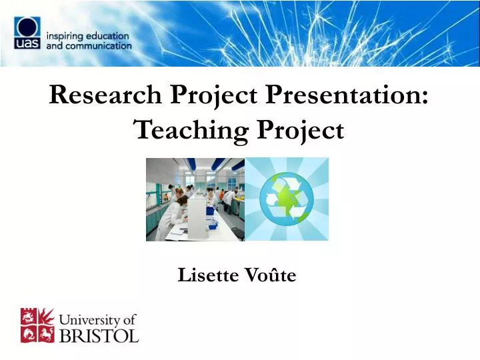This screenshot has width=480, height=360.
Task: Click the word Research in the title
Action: (105, 96)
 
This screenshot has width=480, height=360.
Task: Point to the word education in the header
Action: (108, 35)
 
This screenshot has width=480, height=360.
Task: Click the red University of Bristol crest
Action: (37, 325)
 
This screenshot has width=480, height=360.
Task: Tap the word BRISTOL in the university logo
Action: (99, 334)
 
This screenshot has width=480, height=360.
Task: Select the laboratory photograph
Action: (195, 199)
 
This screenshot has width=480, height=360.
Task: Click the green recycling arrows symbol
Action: (287, 199)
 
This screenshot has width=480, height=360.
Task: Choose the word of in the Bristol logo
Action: (129, 319)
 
